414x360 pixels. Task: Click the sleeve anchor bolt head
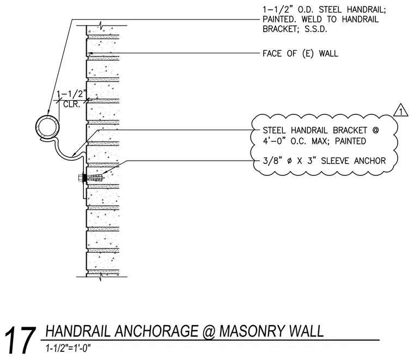point(81,178)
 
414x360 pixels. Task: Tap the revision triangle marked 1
point(401,110)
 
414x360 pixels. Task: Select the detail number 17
point(20,340)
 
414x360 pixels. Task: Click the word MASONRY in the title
point(252,331)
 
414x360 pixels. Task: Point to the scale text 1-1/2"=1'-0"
point(68,349)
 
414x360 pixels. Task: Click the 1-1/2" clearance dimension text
point(71,94)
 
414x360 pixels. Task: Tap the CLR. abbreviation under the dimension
point(71,104)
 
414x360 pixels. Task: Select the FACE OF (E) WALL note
point(300,53)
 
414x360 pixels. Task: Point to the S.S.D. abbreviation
point(316,29)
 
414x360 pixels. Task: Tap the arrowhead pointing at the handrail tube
point(48,112)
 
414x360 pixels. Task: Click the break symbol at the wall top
point(101,26)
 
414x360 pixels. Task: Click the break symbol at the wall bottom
point(101,277)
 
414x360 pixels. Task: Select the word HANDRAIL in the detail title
point(78,331)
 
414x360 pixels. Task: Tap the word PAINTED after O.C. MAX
point(350,141)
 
